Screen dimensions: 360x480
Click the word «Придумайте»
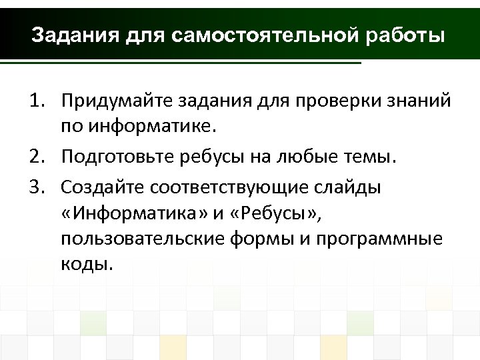click(x=117, y=101)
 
